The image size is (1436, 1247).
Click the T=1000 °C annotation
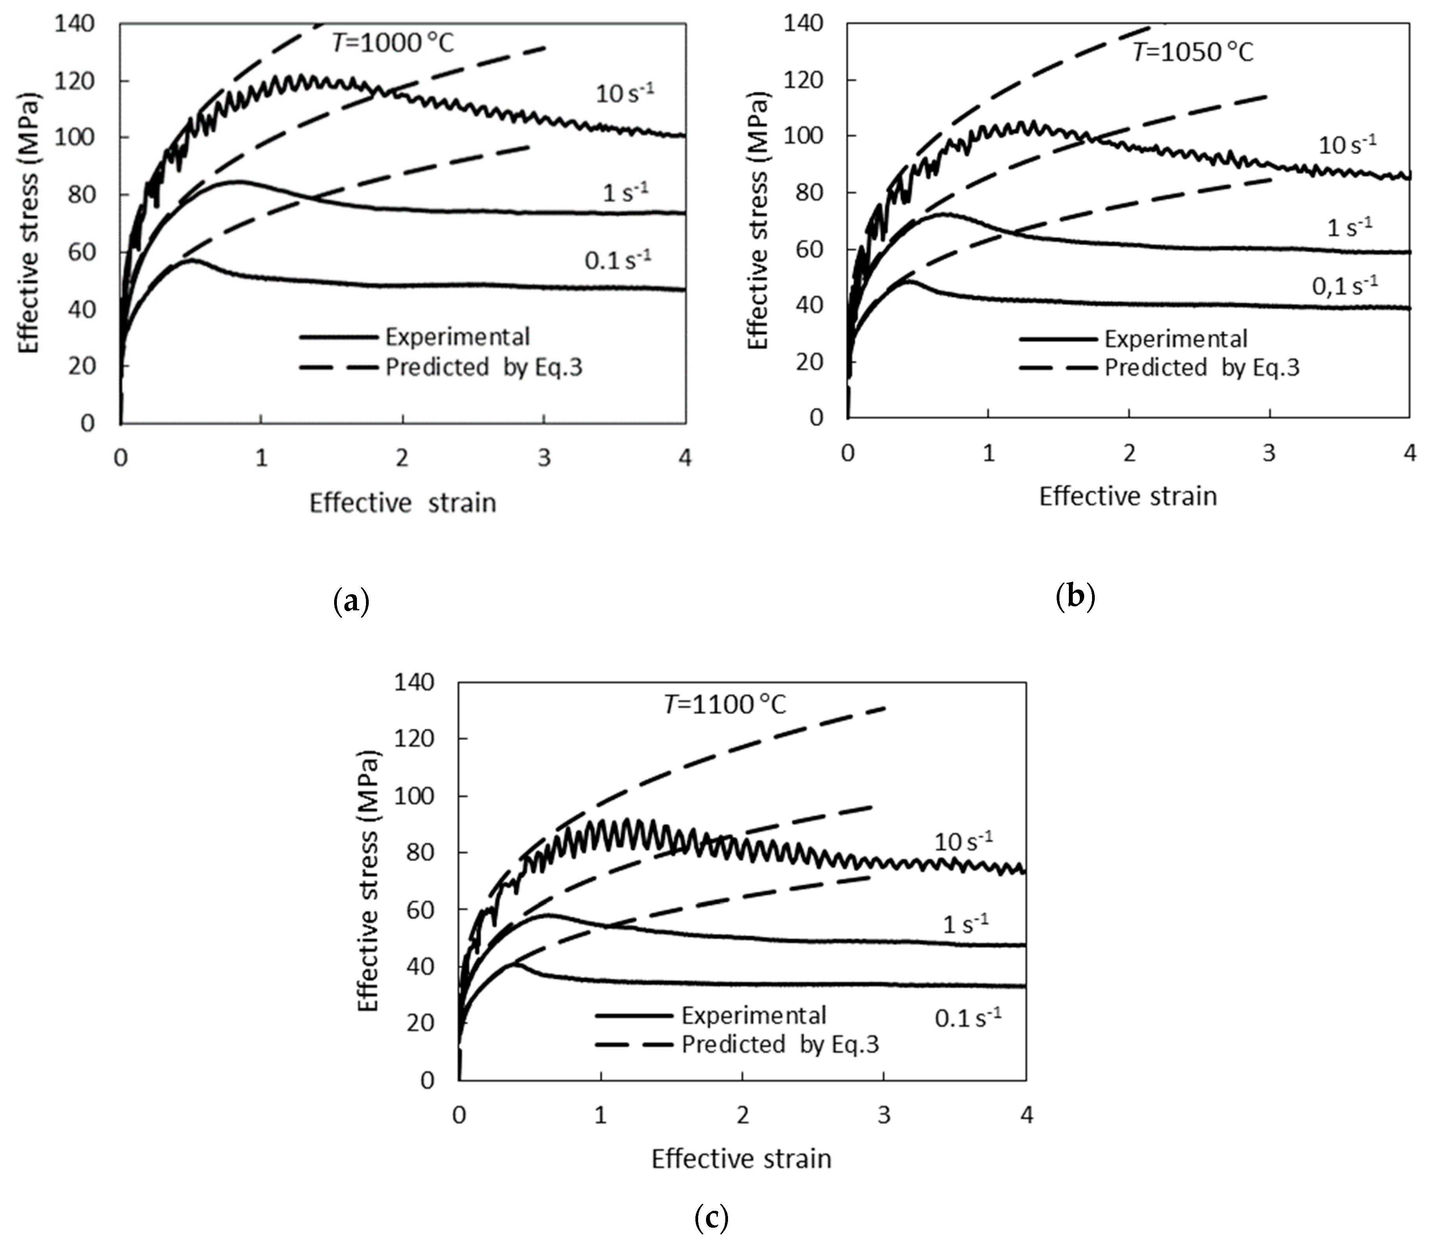[392, 43]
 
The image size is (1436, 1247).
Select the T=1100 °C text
[724, 705]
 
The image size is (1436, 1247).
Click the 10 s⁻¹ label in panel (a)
[624, 92]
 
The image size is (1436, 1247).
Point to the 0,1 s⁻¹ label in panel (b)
[1344, 286]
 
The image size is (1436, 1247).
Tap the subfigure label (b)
[1075, 596]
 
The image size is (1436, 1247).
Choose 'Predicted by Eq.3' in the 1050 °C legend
[1202, 367]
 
